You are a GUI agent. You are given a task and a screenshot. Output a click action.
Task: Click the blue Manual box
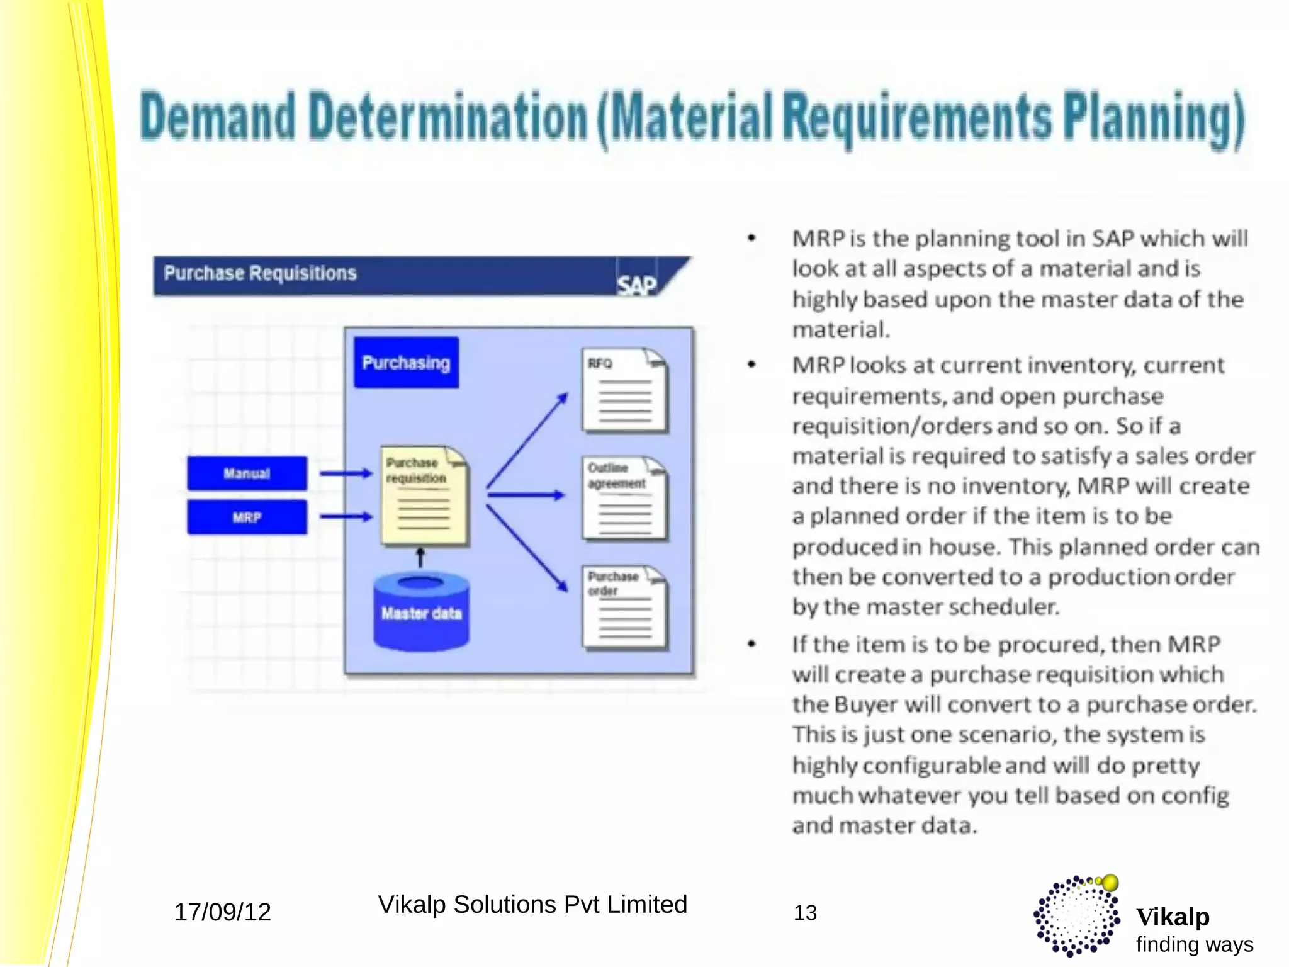[x=247, y=473]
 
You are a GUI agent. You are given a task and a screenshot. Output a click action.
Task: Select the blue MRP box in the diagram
[x=247, y=517]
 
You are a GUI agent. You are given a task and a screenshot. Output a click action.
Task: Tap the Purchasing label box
[x=406, y=363]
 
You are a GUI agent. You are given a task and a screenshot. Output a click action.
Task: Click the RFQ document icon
[x=624, y=390]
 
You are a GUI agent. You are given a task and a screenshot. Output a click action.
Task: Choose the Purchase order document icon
[x=624, y=607]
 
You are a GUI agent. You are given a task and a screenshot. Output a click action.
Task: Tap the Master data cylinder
[x=421, y=612]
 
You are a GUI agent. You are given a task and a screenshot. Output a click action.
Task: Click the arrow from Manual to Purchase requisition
[x=346, y=473]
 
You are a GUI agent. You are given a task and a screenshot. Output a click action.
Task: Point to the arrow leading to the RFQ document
[x=527, y=440]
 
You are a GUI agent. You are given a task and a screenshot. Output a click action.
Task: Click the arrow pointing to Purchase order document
[x=527, y=548]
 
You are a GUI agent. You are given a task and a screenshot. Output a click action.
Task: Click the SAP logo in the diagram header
[x=636, y=285]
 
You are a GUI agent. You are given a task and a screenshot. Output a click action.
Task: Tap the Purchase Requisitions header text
[x=260, y=273]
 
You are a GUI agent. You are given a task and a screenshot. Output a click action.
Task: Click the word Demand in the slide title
[x=217, y=118]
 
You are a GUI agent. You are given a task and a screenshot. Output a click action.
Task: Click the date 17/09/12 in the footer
[x=222, y=912]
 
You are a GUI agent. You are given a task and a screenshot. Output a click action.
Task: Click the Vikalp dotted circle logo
[x=1077, y=916]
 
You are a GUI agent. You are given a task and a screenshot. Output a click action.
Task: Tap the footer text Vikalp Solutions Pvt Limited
[x=532, y=905]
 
